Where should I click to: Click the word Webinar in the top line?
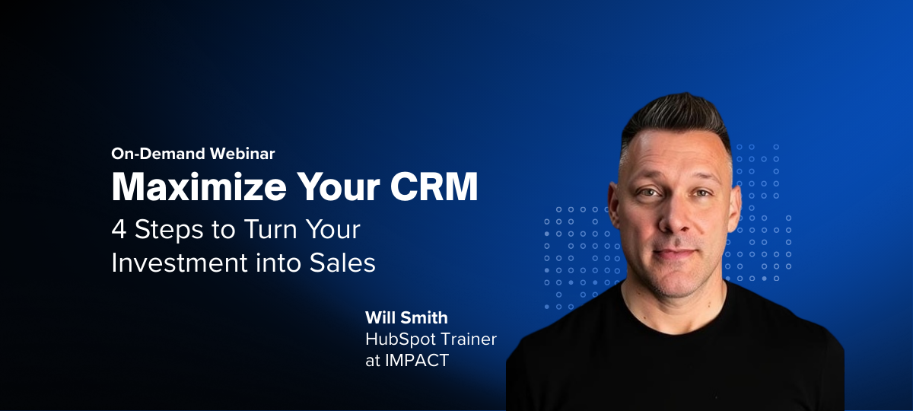tap(241, 153)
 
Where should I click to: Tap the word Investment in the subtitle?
tap(175, 263)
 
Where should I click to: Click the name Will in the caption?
tap(380, 317)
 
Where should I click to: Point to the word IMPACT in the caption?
tap(415, 360)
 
